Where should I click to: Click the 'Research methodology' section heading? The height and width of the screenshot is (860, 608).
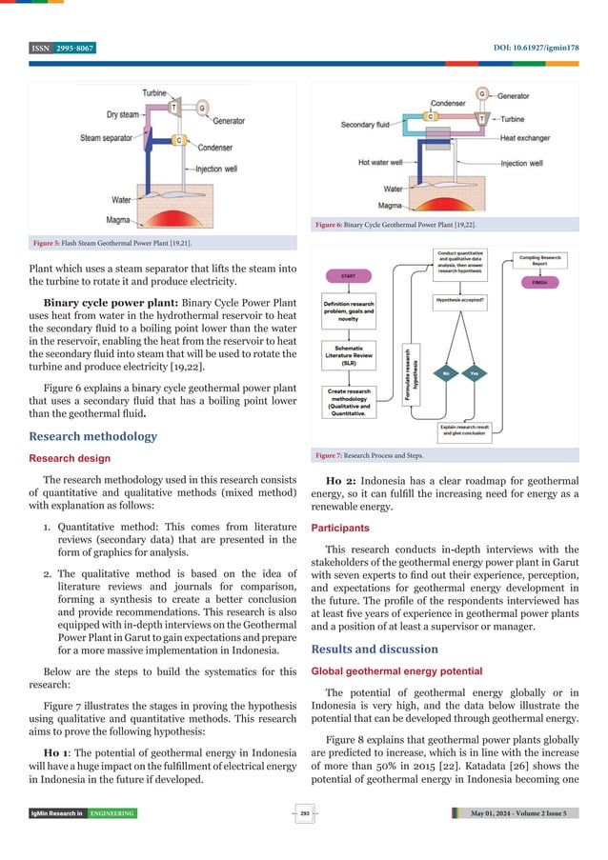click(93, 436)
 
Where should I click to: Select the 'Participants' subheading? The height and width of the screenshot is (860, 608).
click(345, 526)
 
